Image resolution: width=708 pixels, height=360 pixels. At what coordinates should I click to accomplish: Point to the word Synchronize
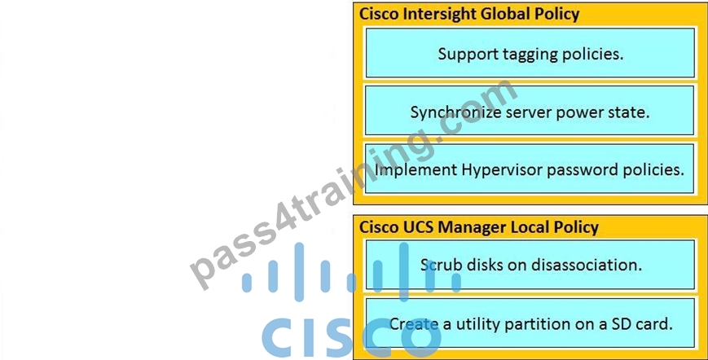click(x=456, y=112)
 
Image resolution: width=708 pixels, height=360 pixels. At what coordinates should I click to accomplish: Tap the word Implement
click(x=416, y=170)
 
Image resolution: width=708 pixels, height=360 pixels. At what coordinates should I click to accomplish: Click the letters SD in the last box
click(x=622, y=324)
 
